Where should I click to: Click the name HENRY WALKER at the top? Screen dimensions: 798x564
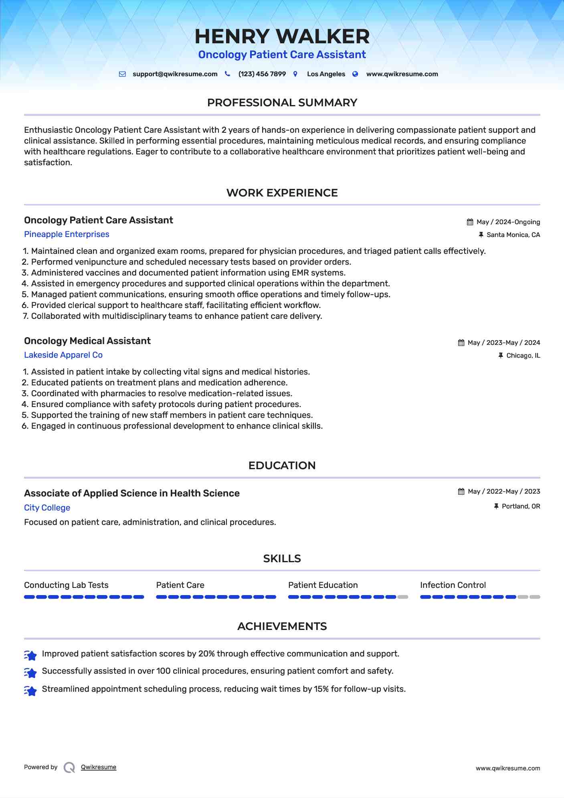click(282, 36)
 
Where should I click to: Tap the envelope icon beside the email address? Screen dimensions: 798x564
click(122, 74)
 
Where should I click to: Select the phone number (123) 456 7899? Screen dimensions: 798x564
click(262, 74)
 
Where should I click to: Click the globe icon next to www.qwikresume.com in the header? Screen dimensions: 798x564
click(355, 74)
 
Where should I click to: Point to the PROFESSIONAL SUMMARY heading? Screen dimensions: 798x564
click(282, 103)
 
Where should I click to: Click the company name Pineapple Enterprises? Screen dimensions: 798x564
click(67, 234)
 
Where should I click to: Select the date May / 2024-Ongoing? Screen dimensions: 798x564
click(508, 222)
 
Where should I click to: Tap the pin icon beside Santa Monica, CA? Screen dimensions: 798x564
click(481, 235)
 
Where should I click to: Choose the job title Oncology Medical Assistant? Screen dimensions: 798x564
click(87, 341)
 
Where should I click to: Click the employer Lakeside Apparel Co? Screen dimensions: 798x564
click(63, 355)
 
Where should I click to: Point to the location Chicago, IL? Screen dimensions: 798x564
click(523, 356)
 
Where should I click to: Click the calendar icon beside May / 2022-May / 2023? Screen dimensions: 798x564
click(461, 492)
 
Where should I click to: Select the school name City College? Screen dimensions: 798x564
click(47, 508)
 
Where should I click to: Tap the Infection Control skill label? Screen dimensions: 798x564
click(453, 585)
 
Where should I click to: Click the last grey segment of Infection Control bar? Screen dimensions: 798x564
click(535, 597)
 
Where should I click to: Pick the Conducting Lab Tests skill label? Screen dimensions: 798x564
click(66, 585)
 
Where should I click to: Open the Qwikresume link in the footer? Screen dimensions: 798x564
click(98, 767)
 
